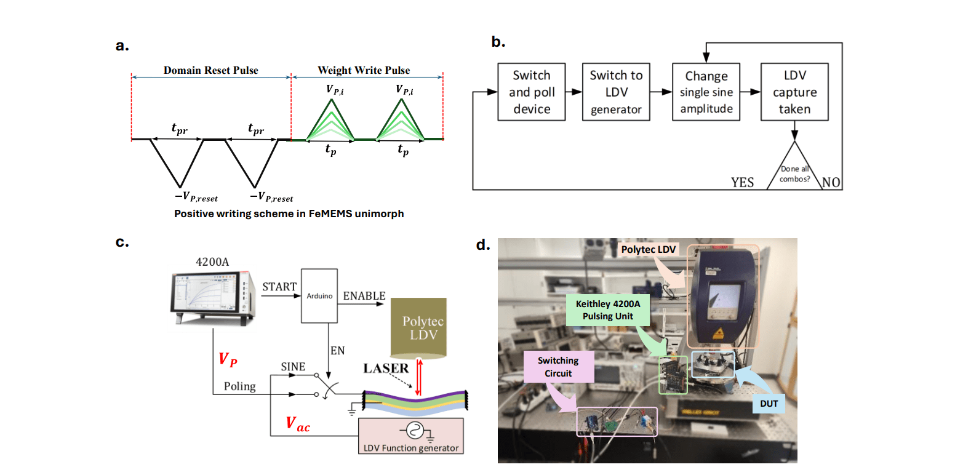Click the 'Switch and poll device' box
[x=531, y=92]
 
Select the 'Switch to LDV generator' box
[x=616, y=92]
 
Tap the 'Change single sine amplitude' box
[x=706, y=92]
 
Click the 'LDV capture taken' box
[x=794, y=92]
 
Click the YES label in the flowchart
[x=742, y=182]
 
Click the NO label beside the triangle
[x=831, y=182]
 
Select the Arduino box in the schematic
[x=319, y=295]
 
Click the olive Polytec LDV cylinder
[x=418, y=328]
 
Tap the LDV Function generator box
[x=411, y=436]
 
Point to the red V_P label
[x=228, y=360]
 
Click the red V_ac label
[x=298, y=425]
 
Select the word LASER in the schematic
[x=386, y=368]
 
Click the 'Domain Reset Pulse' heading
[x=210, y=70]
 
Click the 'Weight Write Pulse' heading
[x=364, y=70]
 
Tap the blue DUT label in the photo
[x=769, y=404]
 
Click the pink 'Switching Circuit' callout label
[x=558, y=367]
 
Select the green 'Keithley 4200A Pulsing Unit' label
[x=607, y=310]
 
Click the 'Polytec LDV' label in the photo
[x=648, y=249]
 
